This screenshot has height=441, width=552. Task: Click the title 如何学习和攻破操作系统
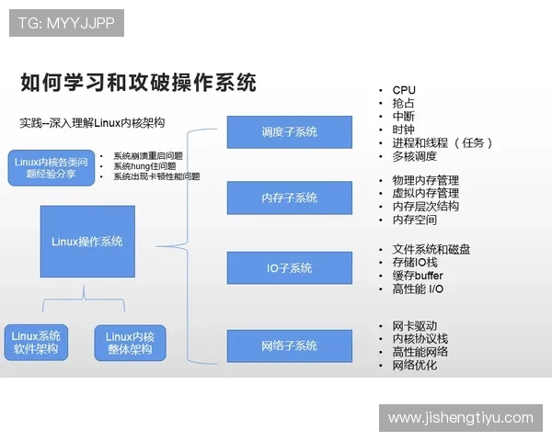[x=138, y=83]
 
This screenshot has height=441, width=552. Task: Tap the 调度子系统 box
[x=289, y=131]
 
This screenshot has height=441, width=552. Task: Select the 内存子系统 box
[x=289, y=198]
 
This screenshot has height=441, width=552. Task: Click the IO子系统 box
[x=289, y=267]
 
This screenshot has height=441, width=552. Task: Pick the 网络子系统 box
[x=289, y=345]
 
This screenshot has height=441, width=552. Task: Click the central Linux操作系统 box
[x=87, y=242]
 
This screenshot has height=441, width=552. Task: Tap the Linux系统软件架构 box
[x=37, y=343]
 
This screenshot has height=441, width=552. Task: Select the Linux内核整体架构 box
[x=129, y=343]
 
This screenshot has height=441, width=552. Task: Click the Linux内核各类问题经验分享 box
[x=51, y=167]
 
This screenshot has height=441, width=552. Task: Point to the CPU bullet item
[x=404, y=90]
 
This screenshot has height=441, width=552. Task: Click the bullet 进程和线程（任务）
[x=443, y=142]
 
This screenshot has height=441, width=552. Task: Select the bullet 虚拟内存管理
[x=425, y=193]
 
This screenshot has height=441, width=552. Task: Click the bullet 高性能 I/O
[x=418, y=289]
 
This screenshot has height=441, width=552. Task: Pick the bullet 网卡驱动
[x=414, y=326]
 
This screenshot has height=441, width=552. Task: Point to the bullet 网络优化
[x=414, y=365]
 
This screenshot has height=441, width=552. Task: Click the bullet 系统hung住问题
[x=148, y=166]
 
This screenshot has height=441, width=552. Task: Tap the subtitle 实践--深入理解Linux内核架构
[x=92, y=122]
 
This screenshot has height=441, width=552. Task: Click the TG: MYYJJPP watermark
[x=65, y=23]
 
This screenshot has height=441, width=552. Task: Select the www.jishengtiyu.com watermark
[x=460, y=418]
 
